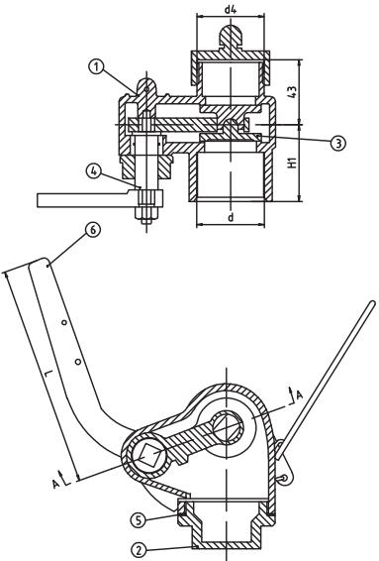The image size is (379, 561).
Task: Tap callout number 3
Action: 338,143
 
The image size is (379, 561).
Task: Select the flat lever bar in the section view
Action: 84,200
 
